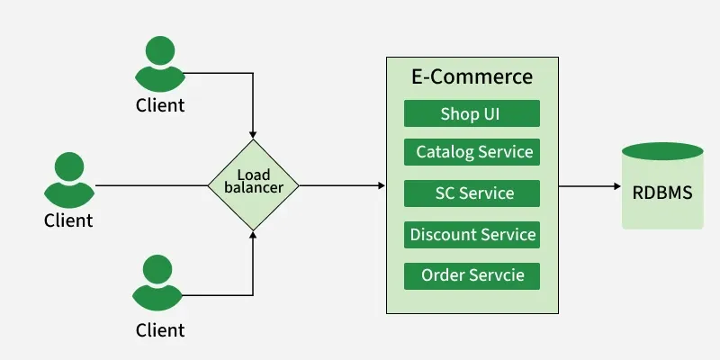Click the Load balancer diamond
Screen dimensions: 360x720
(x=253, y=184)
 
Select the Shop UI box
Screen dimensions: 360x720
(x=472, y=113)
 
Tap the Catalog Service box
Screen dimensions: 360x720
(x=472, y=152)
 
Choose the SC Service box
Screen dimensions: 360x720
(x=472, y=193)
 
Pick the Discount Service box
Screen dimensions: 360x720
(x=472, y=235)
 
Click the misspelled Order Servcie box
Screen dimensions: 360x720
(x=472, y=275)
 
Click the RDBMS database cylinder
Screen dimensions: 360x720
(x=662, y=185)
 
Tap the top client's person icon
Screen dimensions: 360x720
(x=160, y=63)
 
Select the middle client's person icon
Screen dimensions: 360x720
(x=68, y=178)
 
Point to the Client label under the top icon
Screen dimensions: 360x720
(x=160, y=105)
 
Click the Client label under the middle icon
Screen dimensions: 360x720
(x=68, y=220)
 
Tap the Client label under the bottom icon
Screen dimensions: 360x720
(x=160, y=329)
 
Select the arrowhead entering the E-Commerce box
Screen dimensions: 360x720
(x=381, y=185)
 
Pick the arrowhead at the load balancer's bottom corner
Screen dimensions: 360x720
(x=253, y=236)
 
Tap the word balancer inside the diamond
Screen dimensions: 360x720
(x=253, y=188)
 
